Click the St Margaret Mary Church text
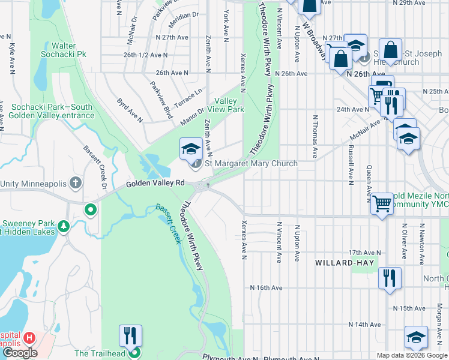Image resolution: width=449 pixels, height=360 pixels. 251,163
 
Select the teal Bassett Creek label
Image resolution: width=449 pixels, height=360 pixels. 169,224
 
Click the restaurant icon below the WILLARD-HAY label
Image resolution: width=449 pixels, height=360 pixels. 389,277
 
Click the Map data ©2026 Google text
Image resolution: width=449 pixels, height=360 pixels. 411,355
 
